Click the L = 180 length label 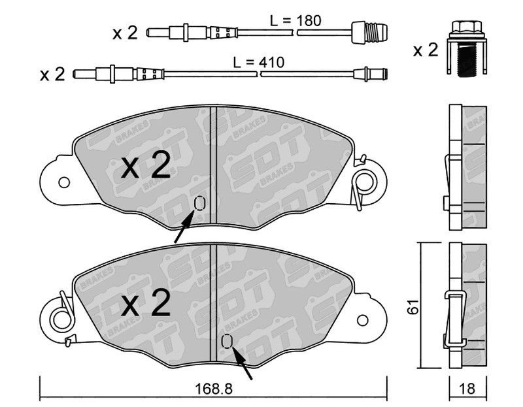click(295, 21)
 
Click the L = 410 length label click(258, 62)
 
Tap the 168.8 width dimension click(214, 389)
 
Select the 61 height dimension click(414, 306)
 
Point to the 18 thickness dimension click(467, 389)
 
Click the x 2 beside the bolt click(426, 50)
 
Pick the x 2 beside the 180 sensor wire click(125, 33)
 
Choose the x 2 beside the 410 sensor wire click(52, 74)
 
